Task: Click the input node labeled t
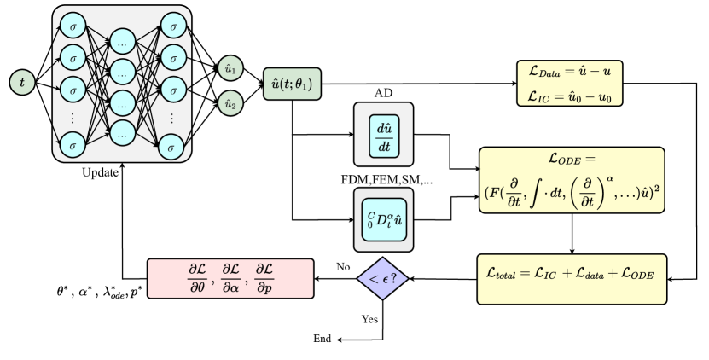click(x=22, y=83)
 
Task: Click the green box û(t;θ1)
click(x=293, y=84)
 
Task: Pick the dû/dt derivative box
click(x=383, y=135)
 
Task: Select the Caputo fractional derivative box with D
click(x=383, y=220)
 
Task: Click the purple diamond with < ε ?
click(x=383, y=279)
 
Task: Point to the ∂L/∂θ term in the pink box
click(x=198, y=279)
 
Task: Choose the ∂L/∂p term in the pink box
click(x=264, y=279)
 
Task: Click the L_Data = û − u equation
click(x=570, y=74)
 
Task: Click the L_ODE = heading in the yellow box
click(x=570, y=160)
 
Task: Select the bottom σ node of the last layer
click(x=173, y=146)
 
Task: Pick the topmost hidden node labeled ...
click(x=123, y=41)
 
